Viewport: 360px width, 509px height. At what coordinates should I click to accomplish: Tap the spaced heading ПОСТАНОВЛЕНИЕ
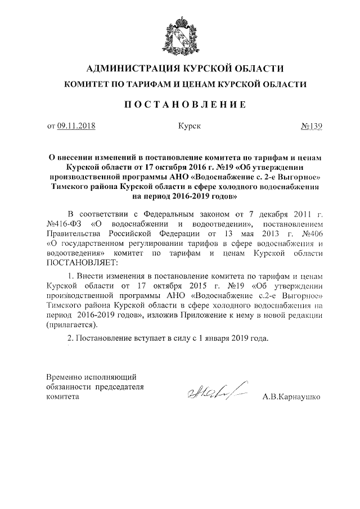point(179,104)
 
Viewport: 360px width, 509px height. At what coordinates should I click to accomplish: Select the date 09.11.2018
point(76,127)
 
